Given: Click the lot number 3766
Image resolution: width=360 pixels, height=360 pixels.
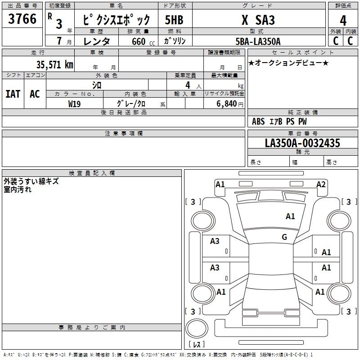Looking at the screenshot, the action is pos(22,20).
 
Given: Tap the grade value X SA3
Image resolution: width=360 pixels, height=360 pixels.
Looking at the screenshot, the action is pos(258,20).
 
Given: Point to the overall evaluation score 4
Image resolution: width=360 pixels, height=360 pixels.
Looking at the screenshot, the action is pos(343,20).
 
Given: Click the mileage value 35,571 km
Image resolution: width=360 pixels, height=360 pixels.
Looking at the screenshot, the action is pos(54,65).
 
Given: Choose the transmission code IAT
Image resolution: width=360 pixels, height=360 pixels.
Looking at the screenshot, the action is pos(13,94).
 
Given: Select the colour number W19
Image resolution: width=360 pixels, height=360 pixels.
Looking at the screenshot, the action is pos(75,103).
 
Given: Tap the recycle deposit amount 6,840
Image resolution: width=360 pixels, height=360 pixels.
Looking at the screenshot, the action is pos(227,104).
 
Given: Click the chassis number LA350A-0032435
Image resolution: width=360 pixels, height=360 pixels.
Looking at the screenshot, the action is pos(302,144).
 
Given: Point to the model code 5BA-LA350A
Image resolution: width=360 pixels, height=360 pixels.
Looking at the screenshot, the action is pos(258,41).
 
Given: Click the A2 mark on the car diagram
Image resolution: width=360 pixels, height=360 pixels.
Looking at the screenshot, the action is pos(321,184).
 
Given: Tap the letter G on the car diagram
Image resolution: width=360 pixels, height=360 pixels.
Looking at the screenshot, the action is pos(284,237).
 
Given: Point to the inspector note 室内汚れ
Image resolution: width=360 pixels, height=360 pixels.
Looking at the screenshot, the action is pos(18,189).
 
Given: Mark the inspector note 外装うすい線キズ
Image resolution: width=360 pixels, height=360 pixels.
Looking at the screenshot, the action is pos(31,182).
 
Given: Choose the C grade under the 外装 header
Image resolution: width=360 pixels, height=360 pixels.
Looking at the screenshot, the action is pos(335,41).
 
